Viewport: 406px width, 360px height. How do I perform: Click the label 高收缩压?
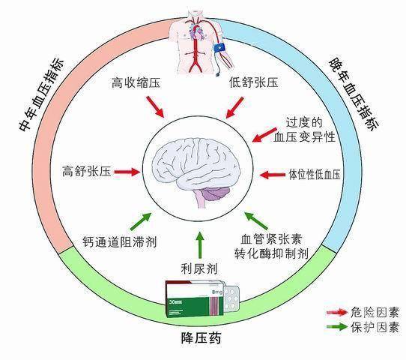point(136,83)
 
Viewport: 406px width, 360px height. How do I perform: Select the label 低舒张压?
point(254,83)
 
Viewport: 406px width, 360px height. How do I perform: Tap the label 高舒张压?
point(86,171)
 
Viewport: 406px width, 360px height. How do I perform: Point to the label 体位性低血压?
point(315,175)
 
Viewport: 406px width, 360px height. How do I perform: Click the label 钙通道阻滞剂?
point(120,241)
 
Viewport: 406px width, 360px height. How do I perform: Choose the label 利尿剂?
point(199,268)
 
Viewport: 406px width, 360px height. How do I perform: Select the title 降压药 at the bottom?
point(201,338)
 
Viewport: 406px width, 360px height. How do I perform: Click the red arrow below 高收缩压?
point(155,106)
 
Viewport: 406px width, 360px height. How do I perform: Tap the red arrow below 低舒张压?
point(235,107)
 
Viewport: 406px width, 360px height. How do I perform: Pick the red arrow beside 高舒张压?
point(127,172)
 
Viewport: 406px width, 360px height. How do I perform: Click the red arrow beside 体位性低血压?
point(273,175)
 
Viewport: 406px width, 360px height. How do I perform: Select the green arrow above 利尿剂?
point(199,244)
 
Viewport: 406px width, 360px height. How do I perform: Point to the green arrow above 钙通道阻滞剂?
point(141,221)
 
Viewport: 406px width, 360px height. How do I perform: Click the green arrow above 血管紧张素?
point(256,220)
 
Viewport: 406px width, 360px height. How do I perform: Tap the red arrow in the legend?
point(337,313)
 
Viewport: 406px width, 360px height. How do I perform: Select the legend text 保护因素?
point(375,327)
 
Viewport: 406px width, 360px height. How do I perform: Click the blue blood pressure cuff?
point(219,49)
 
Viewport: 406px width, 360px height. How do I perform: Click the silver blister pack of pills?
point(231,298)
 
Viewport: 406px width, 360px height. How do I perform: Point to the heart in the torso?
point(197,32)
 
